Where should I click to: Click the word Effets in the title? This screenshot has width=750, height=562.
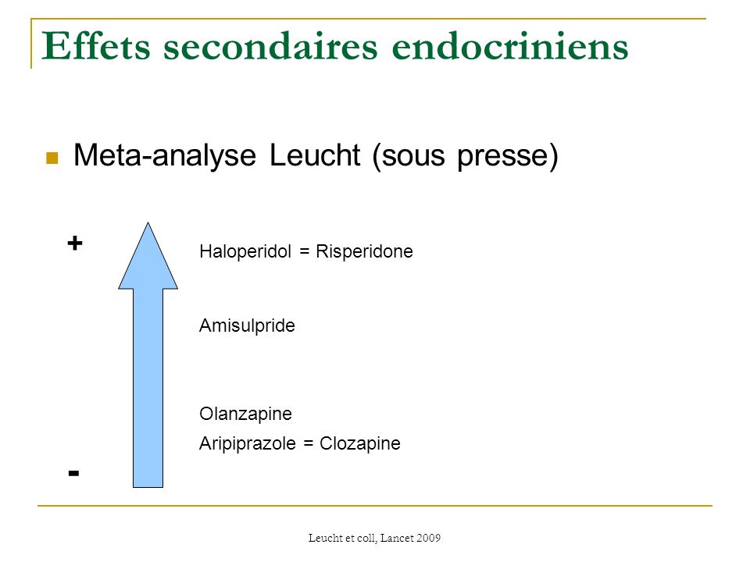point(95,46)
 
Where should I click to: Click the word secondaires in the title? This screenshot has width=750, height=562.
point(271,46)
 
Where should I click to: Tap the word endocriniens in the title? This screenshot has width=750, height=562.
point(510,46)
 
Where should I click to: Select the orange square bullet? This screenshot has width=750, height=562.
point(52,158)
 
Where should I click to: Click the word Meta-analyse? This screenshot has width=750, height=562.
point(165,156)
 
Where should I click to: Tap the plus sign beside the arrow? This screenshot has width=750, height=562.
point(75,244)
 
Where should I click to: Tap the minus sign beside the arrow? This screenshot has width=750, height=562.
point(73,473)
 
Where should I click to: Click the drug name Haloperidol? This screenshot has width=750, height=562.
point(245,251)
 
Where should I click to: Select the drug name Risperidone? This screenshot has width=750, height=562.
point(365,251)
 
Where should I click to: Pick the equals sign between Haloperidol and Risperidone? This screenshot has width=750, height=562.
point(304,252)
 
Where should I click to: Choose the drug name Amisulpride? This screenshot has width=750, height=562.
point(248,326)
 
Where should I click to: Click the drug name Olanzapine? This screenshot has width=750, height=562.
point(246,414)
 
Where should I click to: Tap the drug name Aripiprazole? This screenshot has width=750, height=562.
point(248,444)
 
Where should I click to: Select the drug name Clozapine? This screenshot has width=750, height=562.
point(360,444)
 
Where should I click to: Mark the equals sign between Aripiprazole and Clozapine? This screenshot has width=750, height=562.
point(309,444)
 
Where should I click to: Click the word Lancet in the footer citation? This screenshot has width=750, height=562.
point(396,538)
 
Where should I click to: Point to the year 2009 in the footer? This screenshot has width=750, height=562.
point(428,538)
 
